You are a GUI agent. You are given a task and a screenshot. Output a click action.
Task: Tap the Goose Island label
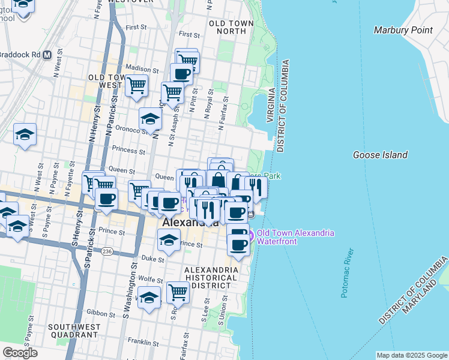379,155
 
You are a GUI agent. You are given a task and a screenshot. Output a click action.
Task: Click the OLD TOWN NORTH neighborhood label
231,27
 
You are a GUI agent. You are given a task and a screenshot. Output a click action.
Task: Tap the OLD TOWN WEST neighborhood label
105,82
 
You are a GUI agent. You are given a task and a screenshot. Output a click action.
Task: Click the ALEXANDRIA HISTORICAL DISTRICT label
202,278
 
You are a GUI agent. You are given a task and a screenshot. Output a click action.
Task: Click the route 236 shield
107,251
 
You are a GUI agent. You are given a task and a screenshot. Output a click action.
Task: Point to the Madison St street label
142,69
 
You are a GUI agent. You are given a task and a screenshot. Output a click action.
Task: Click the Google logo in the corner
20,353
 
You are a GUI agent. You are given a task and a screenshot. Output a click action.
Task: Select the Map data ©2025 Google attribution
412,355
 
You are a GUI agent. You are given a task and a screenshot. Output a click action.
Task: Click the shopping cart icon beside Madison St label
137,86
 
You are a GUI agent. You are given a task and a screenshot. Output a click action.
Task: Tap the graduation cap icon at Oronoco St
150,118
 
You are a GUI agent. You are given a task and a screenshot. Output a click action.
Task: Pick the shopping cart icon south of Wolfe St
178,292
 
